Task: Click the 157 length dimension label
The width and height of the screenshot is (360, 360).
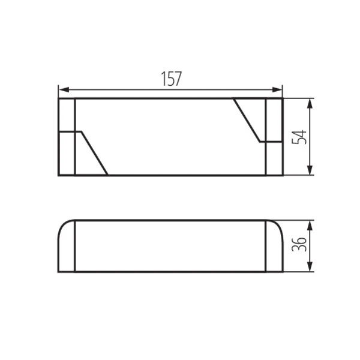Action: (171, 79)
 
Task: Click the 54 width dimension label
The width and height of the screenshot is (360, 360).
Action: (299, 137)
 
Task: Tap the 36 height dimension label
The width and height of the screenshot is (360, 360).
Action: (299, 244)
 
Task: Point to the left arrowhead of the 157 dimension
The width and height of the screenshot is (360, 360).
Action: (64, 89)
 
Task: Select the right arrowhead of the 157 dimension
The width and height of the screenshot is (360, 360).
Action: (277, 89)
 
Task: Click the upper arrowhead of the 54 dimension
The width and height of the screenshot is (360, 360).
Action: (310, 104)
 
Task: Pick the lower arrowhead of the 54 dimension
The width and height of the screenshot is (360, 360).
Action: (310, 170)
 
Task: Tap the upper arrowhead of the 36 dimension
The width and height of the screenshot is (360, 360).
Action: (310, 226)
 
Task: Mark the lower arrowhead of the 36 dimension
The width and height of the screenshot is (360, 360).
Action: (310, 266)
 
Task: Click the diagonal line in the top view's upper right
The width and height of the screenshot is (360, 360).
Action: (247, 121)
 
